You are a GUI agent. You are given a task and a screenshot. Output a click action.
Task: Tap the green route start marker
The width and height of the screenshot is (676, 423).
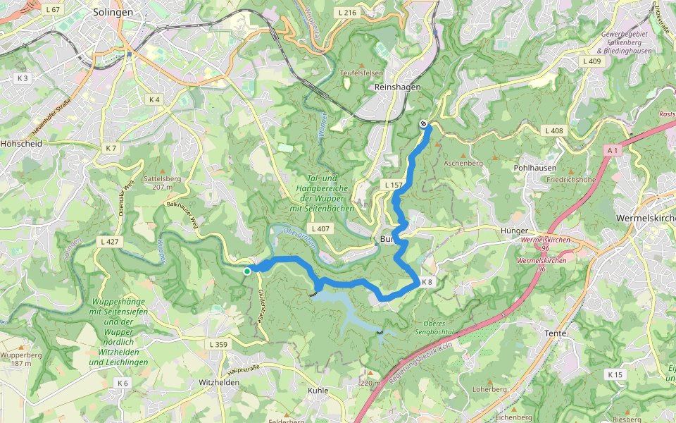coord(247,271)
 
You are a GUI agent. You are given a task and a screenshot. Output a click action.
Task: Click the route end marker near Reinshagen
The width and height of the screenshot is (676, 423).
coord(424,125)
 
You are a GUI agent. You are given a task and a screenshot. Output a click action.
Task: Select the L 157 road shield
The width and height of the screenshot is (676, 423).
coord(393,185)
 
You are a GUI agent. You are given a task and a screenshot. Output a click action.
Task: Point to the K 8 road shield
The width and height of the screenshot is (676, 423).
coord(427,282)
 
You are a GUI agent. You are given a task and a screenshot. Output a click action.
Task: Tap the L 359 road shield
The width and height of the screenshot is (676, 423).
coord(219,344)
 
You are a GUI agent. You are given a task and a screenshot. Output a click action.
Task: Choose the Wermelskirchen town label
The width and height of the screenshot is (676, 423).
coord(644,218)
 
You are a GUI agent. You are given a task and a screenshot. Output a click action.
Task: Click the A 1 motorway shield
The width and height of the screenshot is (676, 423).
coord(613,149)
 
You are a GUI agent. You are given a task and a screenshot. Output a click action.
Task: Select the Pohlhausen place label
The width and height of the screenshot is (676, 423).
coord(535,168)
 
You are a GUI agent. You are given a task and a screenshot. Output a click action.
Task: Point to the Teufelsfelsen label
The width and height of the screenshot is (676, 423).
coord(361,72)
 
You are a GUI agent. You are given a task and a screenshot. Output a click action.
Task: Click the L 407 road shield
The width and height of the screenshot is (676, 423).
coord(320,228)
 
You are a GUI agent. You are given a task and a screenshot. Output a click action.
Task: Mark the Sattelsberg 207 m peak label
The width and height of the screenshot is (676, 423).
coord(158,183)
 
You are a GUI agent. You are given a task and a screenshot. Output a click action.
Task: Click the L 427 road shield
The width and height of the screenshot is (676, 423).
coord(111,242)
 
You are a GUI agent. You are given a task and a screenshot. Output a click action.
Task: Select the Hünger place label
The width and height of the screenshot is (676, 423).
coord(514,231)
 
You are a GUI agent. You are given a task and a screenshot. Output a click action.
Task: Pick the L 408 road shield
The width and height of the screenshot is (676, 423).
coord(555,130)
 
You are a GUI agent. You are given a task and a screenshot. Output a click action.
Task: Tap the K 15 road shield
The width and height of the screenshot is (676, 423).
coord(615,374)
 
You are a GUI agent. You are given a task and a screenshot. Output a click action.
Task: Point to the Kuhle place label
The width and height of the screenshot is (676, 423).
coord(318,390)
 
